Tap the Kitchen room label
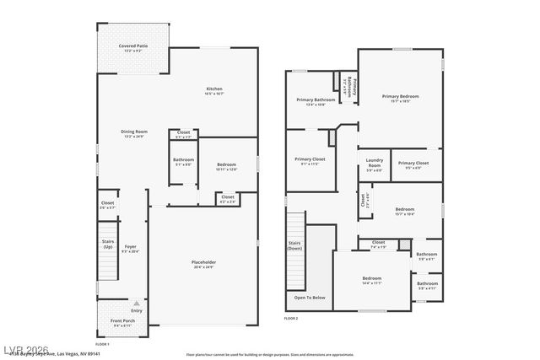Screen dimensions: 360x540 (x=214, y=91)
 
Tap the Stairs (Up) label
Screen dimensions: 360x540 (x=107, y=244)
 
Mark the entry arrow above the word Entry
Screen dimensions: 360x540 (x=137, y=303)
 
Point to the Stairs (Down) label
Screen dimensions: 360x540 (x=294, y=245)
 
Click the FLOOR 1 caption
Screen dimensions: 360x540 (x=102, y=344)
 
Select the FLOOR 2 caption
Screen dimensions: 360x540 (x=291, y=319)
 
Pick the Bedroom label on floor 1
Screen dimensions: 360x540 (x=226, y=166)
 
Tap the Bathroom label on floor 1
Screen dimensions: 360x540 (x=184, y=161)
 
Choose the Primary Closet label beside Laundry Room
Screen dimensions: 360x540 (x=413, y=164)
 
